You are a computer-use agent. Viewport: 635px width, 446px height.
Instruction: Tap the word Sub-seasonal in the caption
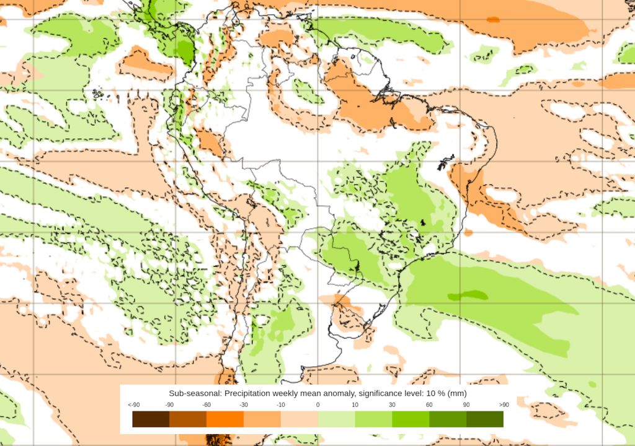(x=195, y=393)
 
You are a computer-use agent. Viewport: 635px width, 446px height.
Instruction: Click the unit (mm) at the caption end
(x=456, y=393)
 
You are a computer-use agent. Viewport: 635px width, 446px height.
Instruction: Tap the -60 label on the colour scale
(x=206, y=405)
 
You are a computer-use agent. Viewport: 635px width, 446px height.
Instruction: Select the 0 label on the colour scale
(x=317, y=405)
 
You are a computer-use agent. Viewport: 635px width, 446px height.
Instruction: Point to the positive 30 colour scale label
(x=392, y=405)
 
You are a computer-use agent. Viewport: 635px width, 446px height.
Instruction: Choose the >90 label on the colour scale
(x=503, y=405)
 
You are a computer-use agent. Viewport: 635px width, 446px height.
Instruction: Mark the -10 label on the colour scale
(x=281, y=405)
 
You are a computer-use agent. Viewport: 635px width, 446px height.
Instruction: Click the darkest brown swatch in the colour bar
(x=151, y=419)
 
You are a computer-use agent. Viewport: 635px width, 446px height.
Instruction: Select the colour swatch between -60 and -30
(x=225, y=419)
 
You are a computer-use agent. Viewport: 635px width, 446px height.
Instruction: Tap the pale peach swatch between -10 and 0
(x=299, y=419)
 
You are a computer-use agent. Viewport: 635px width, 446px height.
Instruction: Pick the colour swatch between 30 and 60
(x=411, y=419)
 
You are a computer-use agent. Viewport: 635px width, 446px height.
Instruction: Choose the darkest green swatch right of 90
(x=485, y=419)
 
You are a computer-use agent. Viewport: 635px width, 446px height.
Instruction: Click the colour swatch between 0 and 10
(x=336, y=419)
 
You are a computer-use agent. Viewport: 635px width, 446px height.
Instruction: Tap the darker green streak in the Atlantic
(x=468, y=295)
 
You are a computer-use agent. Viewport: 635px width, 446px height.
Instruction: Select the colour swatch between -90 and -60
(x=188, y=419)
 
